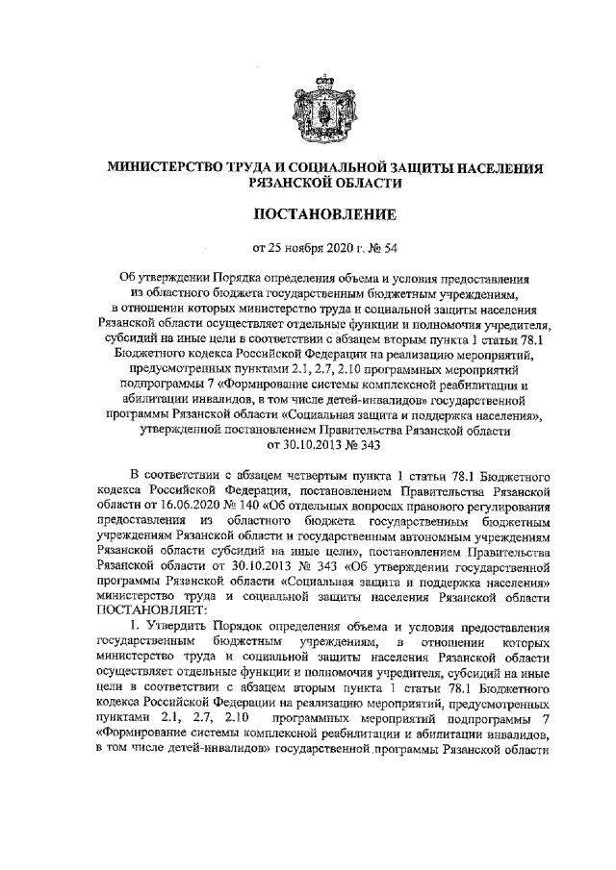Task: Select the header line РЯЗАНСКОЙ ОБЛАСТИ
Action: pos(310,181)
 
